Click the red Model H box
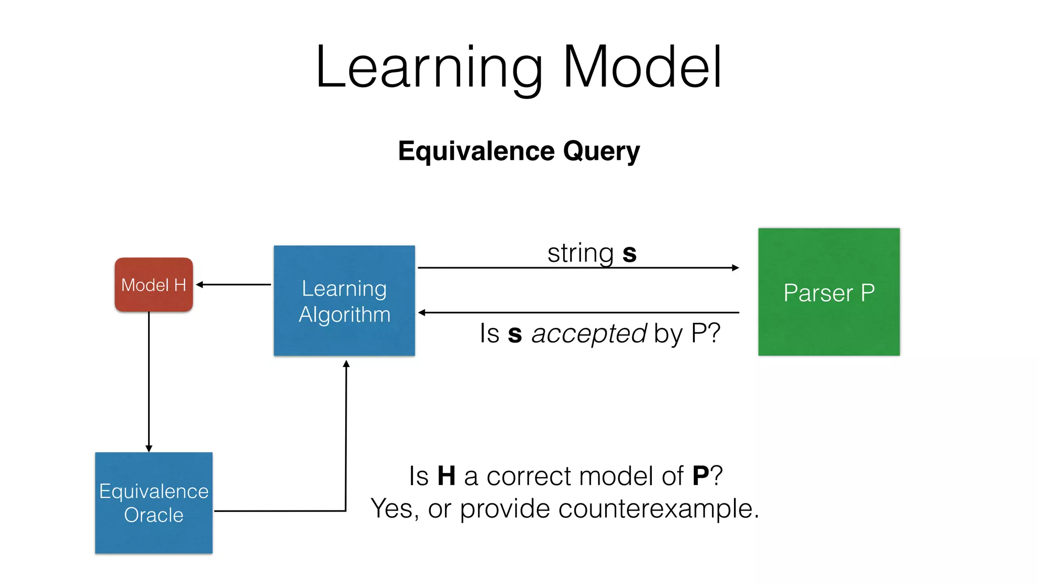[154, 284]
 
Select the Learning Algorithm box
[344, 301]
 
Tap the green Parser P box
[829, 292]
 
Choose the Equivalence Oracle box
[154, 502]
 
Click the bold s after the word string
[629, 253]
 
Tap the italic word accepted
[588, 334]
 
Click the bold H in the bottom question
[446, 477]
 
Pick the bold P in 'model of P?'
[700, 477]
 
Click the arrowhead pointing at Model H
[200, 285]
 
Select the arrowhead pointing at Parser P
[735, 268]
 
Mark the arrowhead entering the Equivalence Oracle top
[149, 448]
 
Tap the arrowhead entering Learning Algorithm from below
[346, 364]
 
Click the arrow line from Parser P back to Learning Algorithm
[578, 313]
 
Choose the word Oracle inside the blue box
[154, 515]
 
